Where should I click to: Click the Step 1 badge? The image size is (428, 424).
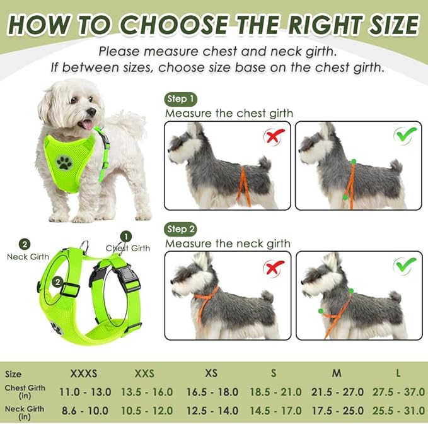point(181,99)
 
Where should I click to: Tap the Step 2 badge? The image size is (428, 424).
point(181,228)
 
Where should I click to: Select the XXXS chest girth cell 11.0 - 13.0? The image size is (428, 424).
point(84,392)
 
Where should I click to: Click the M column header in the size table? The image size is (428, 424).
point(337,374)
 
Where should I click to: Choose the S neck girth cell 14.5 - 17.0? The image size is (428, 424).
point(276,410)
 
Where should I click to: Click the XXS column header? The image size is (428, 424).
point(144,374)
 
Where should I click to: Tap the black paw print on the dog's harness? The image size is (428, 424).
point(64,163)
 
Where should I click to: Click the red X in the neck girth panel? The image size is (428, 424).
point(274,268)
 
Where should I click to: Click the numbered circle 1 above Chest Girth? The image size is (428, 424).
point(126,236)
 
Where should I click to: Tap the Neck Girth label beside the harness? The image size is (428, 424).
point(28,257)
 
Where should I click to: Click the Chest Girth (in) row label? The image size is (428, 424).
point(25,392)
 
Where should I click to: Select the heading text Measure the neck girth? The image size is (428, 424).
point(228,244)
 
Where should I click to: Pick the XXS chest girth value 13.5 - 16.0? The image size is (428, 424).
point(146,392)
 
